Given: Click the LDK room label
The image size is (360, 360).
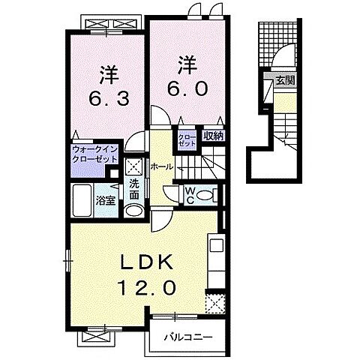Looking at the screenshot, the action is [x=147, y=262].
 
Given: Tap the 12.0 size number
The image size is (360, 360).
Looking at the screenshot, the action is [x=146, y=288].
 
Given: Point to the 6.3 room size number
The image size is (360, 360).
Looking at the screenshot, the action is [x=109, y=98].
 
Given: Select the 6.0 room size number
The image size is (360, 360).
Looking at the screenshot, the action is [x=187, y=88].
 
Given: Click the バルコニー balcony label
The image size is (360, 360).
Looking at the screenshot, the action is [x=188, y=337].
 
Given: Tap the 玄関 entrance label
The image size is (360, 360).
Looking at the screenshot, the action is [x=285, y=81].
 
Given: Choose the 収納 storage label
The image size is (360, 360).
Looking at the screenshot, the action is [x=213, y=136].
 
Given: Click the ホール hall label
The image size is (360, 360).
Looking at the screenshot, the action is [x=162, y=166].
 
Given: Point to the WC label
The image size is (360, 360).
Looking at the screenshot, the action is [x=190, y=195].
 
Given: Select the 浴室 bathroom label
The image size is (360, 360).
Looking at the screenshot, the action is [x=106, y=200].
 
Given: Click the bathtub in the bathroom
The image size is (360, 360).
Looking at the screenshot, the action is [x=82, y=200].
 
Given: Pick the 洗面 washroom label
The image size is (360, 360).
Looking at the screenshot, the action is [x=134, y=190].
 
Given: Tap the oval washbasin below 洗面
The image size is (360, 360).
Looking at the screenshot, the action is [x=134, y=211].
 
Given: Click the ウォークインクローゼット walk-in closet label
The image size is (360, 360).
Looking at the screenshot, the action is [x=94, y=154].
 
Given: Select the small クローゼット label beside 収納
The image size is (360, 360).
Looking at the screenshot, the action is [x=187, y=140].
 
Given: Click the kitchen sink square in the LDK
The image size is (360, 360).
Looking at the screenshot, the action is [x=216, y=245].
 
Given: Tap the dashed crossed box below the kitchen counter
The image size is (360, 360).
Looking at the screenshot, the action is [x=215, y=304].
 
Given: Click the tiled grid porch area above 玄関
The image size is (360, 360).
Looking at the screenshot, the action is [x=277, y=44].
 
